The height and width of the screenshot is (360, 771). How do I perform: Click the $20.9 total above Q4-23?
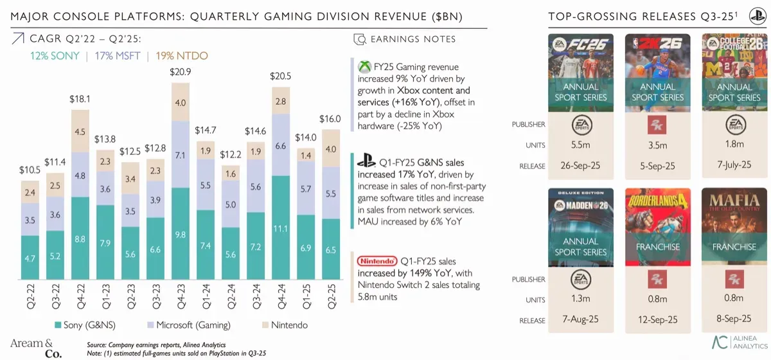pyautogui.click(x=181, y=72)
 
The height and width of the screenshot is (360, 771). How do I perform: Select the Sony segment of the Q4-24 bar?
pyautogui.click(x=281, y=228)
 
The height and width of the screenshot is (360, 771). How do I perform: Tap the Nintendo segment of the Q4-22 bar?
pyautogui.click(x=80, y=132)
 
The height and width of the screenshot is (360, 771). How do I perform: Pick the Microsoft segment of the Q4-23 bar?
pyautogui.click(x=181, y=154)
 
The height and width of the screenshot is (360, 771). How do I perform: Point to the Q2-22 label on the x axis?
pyautogui.click(x=30, y=296)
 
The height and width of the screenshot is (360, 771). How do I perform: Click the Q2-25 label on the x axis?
pyautogui.click(x=331, y=296)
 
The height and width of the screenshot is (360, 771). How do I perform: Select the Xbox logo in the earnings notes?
pyautogui.click(x=364, y=67)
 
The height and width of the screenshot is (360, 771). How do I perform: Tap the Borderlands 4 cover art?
pyautogui.click(x=657, y=225)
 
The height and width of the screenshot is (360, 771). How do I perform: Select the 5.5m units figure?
pyautogui.click(x=581, y=145)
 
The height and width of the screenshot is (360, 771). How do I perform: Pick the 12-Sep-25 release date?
pyautogui.click(x=657, y=320)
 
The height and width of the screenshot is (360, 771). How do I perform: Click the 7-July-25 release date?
pyautogui.click(x=734, y=165)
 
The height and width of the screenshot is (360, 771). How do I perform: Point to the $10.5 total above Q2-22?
pyautogui.click(x=30, y=170)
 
